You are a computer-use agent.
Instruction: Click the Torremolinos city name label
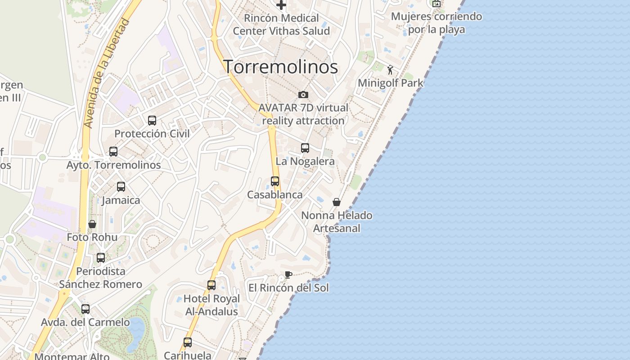click(280, 67)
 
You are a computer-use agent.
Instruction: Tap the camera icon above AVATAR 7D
click(303, 94)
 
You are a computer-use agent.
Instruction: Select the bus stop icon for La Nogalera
click(305, 148)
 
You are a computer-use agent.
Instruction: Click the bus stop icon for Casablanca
click(275, 181)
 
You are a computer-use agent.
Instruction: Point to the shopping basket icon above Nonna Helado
click(337, 202)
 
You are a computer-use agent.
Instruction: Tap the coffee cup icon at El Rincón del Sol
click(288, 274)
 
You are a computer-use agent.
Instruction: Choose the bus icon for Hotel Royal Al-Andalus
click(211, 285)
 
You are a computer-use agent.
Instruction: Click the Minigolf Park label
click(391, 83)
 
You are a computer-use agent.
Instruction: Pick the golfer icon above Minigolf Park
click(390, 70)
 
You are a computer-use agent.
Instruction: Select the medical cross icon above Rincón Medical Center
click(281, 5)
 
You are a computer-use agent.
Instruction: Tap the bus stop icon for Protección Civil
click(152, 120)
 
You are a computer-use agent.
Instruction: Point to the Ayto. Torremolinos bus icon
click(113, 152)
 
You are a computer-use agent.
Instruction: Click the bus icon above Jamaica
click(121, 187)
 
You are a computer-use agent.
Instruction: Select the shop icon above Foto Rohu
click(92, 224)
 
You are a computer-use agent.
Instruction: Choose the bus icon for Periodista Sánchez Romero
click(101, 258)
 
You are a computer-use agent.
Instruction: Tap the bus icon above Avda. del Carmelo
click(85, 309)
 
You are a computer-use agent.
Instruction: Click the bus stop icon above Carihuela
click(188, 342)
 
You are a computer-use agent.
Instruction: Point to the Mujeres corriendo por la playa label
click(436, 23)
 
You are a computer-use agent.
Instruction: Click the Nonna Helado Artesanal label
click(337, 222)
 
